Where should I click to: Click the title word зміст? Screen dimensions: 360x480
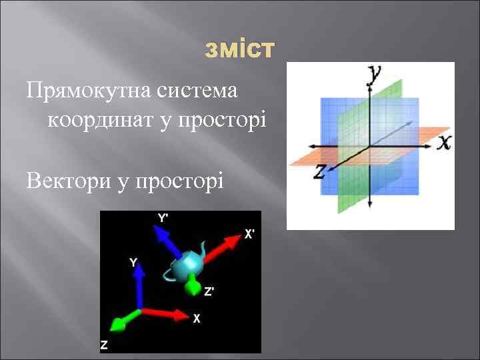tap(239, 49)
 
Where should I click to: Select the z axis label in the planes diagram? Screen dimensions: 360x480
tap(319, 171)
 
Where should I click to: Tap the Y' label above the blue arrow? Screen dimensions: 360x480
tap(163, 218)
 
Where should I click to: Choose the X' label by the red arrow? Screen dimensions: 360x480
tap(249, 234)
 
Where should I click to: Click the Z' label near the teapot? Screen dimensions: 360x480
tap(209, 291)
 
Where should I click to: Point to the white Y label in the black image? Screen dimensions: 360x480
tap(133, 262)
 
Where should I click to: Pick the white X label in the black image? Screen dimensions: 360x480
tap(196, 319)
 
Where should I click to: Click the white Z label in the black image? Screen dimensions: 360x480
tap(104, 345)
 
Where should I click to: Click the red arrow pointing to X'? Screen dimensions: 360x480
tap(223, 248)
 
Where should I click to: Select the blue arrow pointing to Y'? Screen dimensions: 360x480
tap(167, 241)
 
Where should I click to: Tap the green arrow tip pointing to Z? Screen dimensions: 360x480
tap(118, 325)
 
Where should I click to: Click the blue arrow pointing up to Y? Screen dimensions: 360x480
tap(139, 285)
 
